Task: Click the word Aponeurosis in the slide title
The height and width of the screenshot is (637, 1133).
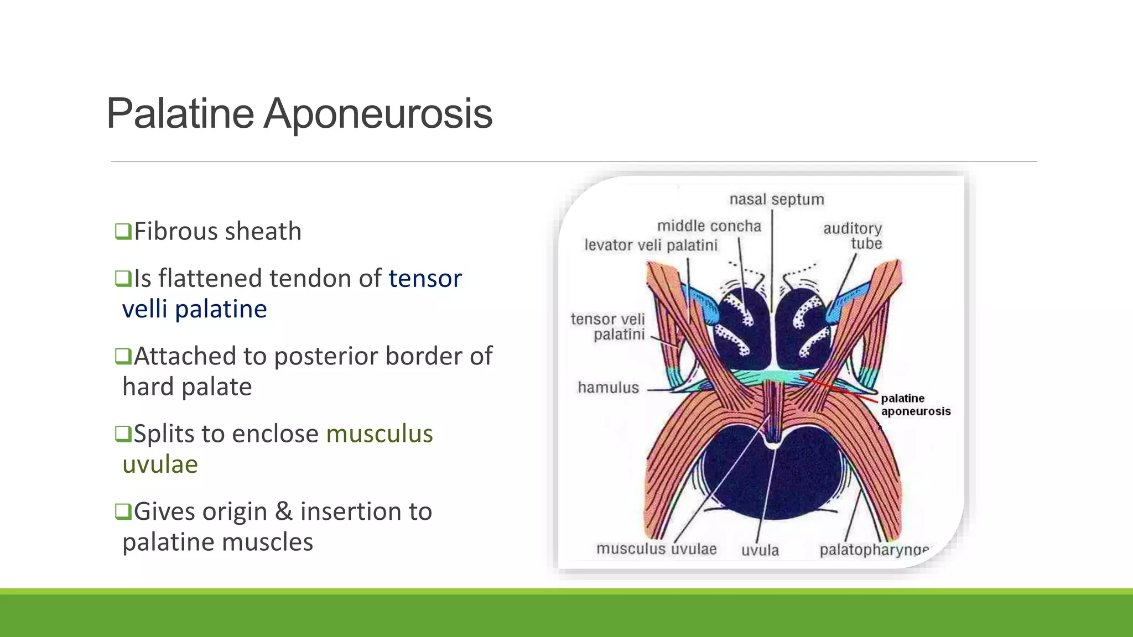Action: [378, 114]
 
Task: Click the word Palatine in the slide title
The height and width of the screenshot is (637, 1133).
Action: [180, 114]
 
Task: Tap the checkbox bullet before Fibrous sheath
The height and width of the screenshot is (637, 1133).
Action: [123, 231]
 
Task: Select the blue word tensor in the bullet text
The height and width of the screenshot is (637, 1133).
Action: [425, 278]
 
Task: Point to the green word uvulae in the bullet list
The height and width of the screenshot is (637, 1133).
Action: [160, 464]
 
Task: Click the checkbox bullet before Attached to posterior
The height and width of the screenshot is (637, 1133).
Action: [123, 356]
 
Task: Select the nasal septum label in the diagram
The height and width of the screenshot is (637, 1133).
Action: [776, 200]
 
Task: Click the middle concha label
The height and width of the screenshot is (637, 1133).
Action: [709, 226]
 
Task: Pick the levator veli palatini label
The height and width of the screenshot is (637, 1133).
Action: [651, 245]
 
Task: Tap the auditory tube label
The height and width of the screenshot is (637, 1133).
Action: [853, 236]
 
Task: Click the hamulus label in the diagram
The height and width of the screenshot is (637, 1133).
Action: [608, 388]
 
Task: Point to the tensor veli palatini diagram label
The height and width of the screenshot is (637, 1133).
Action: [608, 327]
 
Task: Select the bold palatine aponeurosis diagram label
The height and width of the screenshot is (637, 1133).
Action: [915, 405]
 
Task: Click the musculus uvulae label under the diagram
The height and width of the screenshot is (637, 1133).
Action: [656, 549]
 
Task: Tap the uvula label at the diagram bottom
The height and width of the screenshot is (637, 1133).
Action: [760, 550]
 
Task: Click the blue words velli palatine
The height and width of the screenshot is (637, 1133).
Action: [194, 309]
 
